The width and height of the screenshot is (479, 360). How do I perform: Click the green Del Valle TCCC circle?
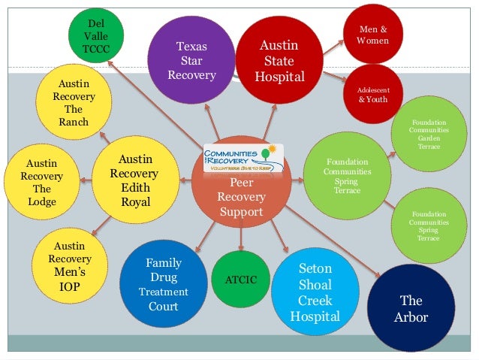pyautogui.click(x=96, y=35)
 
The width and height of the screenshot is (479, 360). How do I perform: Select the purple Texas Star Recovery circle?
pyautogui.click(x=191, y=60)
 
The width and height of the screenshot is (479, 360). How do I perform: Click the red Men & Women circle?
pyautogui.click(x=372, y=34)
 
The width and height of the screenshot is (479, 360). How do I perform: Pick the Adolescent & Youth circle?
pyautogui.click(x=373, y=95)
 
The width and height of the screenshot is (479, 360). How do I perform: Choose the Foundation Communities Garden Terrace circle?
pyautogui.click(x=429, y=134)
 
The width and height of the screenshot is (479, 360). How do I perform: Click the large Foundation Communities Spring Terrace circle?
pyautogui.click(x=347, y=175)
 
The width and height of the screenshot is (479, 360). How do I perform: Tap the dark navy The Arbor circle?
pyautogui.click(x=411, y=309)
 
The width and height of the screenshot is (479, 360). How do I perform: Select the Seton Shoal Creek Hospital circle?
pyautogui.click(x=315, y=292)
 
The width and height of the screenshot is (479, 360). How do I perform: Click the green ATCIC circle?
pyautogui.click(x=240, y=280)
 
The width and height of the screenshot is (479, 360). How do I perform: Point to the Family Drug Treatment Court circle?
pyautogui.click(x=163, y=285)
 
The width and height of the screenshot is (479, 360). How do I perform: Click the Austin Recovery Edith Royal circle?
pyautogui.click(x=135, y=180)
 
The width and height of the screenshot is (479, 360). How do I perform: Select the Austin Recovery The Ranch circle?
pyautogui.click(x=74, y=102)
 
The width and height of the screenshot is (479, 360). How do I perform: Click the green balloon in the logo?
pyautogui.click(x=265, y=154)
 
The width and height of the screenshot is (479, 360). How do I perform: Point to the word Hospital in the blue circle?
pyautogui.click(x=315, y=316)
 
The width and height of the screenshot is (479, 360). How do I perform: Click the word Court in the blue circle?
pyautogui.click(x=163, y=306)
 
